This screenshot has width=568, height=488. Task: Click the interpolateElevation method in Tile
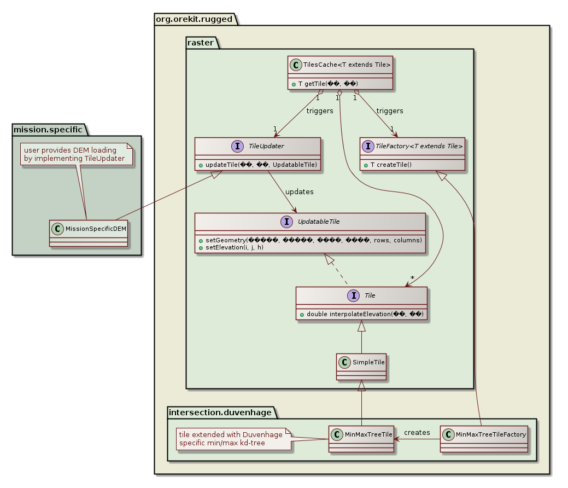click(361, 313)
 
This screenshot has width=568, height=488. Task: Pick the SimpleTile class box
click(361, 365)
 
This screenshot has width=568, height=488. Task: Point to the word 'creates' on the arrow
click(417, 432)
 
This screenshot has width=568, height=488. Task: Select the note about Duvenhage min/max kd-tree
click(231, 438)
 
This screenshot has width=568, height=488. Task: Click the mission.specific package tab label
click(47, 130)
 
